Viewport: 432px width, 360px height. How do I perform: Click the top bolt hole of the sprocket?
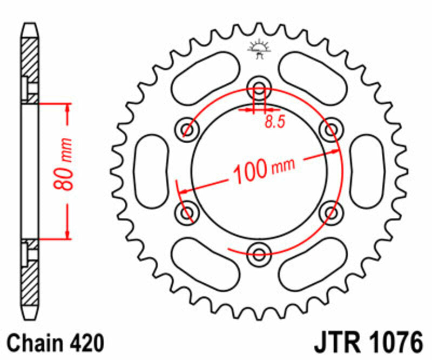point(259,90)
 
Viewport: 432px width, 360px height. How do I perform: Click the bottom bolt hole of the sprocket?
point(259,252)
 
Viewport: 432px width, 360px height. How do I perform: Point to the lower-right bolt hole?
point(330,212)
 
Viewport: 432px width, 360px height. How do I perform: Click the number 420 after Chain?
point(86,343)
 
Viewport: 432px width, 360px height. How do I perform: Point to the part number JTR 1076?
point(367,343)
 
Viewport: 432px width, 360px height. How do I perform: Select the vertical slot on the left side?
point(152,171)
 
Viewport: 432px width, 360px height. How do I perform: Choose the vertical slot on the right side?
point(367,171)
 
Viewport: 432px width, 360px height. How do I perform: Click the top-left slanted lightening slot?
point(205,75)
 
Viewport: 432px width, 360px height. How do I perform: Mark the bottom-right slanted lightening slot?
point(313,266)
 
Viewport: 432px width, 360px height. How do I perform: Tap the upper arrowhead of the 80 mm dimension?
point(67,109)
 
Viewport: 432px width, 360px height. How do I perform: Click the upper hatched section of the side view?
point(30,59)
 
